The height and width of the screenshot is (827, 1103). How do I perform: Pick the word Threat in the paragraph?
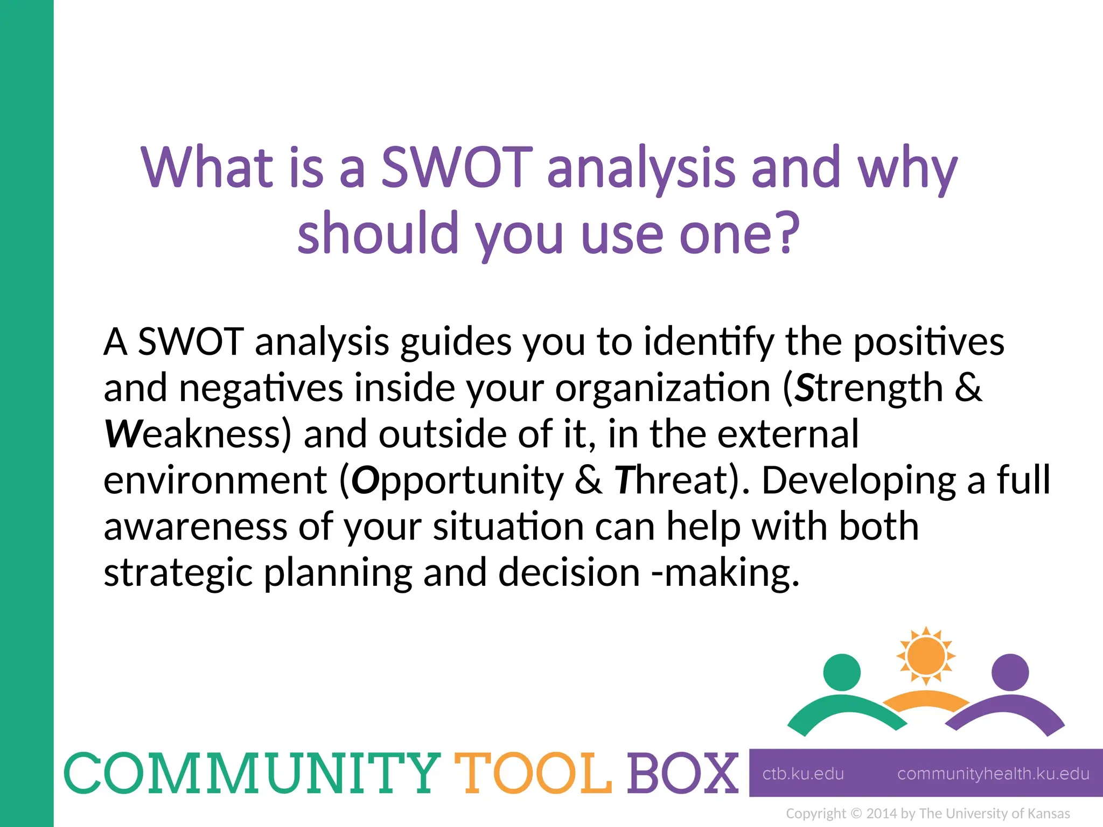(671, 480)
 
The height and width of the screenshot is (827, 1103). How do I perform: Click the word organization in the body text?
(663, 388)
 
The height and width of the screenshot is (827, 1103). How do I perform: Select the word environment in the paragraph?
(215, 480)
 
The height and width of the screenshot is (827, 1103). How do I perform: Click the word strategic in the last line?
(178, 573)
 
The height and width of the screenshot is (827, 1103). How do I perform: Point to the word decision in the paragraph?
(569, 573)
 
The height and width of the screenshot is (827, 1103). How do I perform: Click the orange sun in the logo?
(926, 656)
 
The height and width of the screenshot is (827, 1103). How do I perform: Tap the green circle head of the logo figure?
(842, 672)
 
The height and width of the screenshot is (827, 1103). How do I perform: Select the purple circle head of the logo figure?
(1010, 672)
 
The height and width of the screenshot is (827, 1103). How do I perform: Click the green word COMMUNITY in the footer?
(252, 774)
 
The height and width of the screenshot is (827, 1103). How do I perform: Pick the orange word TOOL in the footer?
(533, 774)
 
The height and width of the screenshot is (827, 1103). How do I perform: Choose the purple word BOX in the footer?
(682, 774)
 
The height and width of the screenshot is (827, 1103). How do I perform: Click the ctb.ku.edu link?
(803, 774)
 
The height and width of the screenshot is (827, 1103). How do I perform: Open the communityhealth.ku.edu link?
(993, 774)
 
